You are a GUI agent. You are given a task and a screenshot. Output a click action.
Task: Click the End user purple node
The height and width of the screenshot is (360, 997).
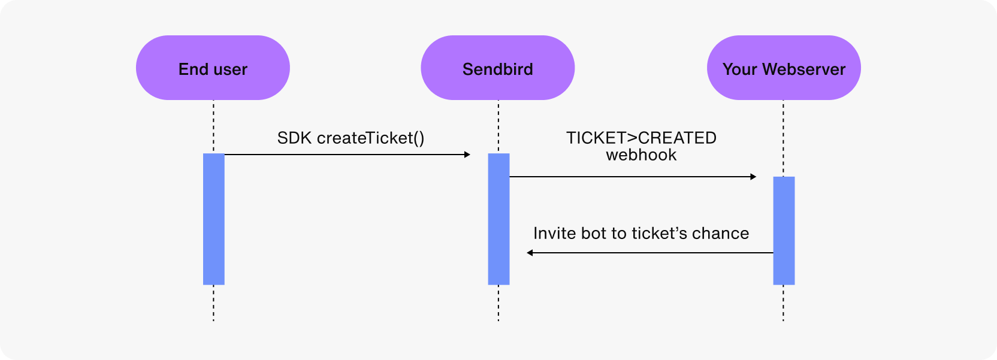click(x=213, y=68)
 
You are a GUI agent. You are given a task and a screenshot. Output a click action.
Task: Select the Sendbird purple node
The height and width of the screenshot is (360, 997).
click(x=497, y=68)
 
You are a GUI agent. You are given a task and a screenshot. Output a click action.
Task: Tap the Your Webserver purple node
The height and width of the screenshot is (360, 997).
click(x=784, y=68)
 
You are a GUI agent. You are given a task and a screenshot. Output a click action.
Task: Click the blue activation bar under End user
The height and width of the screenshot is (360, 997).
click(x=213, y=219)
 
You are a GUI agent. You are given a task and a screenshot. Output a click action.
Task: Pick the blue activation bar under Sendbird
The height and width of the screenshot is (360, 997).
click(x=498, y=219)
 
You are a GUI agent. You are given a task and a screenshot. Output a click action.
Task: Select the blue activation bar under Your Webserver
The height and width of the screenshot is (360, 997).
click(x=784, y=231)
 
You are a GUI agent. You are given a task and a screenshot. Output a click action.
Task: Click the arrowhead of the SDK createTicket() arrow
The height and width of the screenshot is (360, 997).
click(x=467, y=155)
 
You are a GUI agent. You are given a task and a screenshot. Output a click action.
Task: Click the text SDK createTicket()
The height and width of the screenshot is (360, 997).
click(x=351, y=138)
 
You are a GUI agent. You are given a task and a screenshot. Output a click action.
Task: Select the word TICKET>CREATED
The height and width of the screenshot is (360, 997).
click(x=641, y=138)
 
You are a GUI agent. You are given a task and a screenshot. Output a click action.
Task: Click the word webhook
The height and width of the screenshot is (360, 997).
click(x=641, y=155)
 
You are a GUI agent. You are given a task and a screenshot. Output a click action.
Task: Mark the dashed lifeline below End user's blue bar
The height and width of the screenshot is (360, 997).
click(x=213, y=302)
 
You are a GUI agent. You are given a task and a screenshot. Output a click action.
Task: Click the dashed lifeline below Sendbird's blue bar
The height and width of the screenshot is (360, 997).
click(x=498, y=302)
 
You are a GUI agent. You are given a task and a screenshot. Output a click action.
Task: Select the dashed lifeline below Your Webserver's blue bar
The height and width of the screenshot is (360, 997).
click(x=783, y=302)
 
